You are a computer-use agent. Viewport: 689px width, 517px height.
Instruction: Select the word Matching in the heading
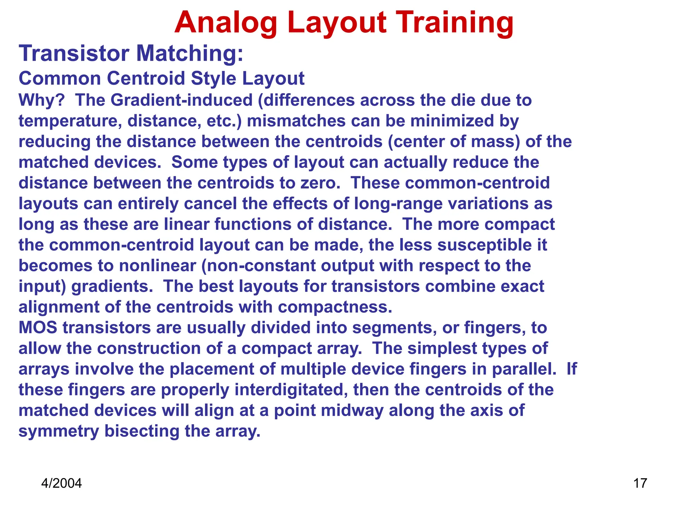189,54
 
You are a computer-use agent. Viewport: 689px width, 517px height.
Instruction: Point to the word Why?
41,100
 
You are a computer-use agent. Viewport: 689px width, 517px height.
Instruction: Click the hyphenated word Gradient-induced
182,100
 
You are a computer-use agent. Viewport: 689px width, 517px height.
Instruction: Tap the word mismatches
296,121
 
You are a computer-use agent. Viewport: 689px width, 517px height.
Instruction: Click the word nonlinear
157,266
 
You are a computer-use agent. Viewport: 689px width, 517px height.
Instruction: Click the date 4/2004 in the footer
61,483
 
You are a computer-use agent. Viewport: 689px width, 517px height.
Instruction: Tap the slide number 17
640,483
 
